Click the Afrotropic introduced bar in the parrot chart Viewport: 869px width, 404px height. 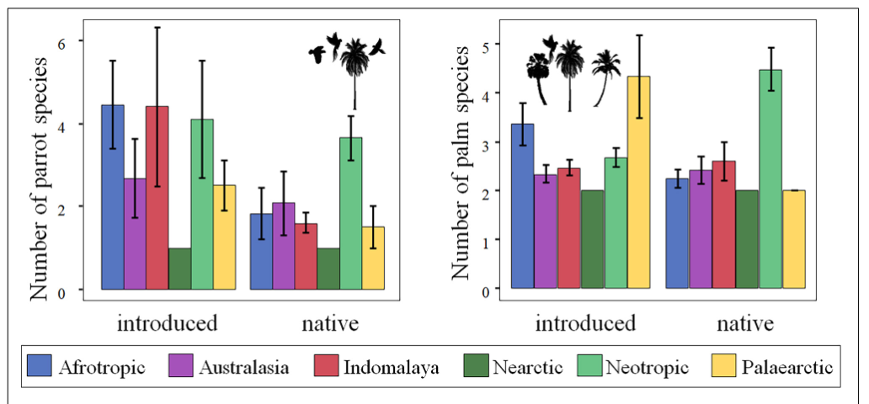point(112,198)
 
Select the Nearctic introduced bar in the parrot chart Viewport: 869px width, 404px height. point(179,269)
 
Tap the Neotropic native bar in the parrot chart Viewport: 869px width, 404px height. point(351,214)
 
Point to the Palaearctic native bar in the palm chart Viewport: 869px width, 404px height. point(793,240)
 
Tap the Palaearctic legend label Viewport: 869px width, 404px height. point(787,367)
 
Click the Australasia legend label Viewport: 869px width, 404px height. point(244,367)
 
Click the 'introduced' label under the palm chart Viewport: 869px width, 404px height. point(586,324)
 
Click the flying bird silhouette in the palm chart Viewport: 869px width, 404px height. point(550,44)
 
